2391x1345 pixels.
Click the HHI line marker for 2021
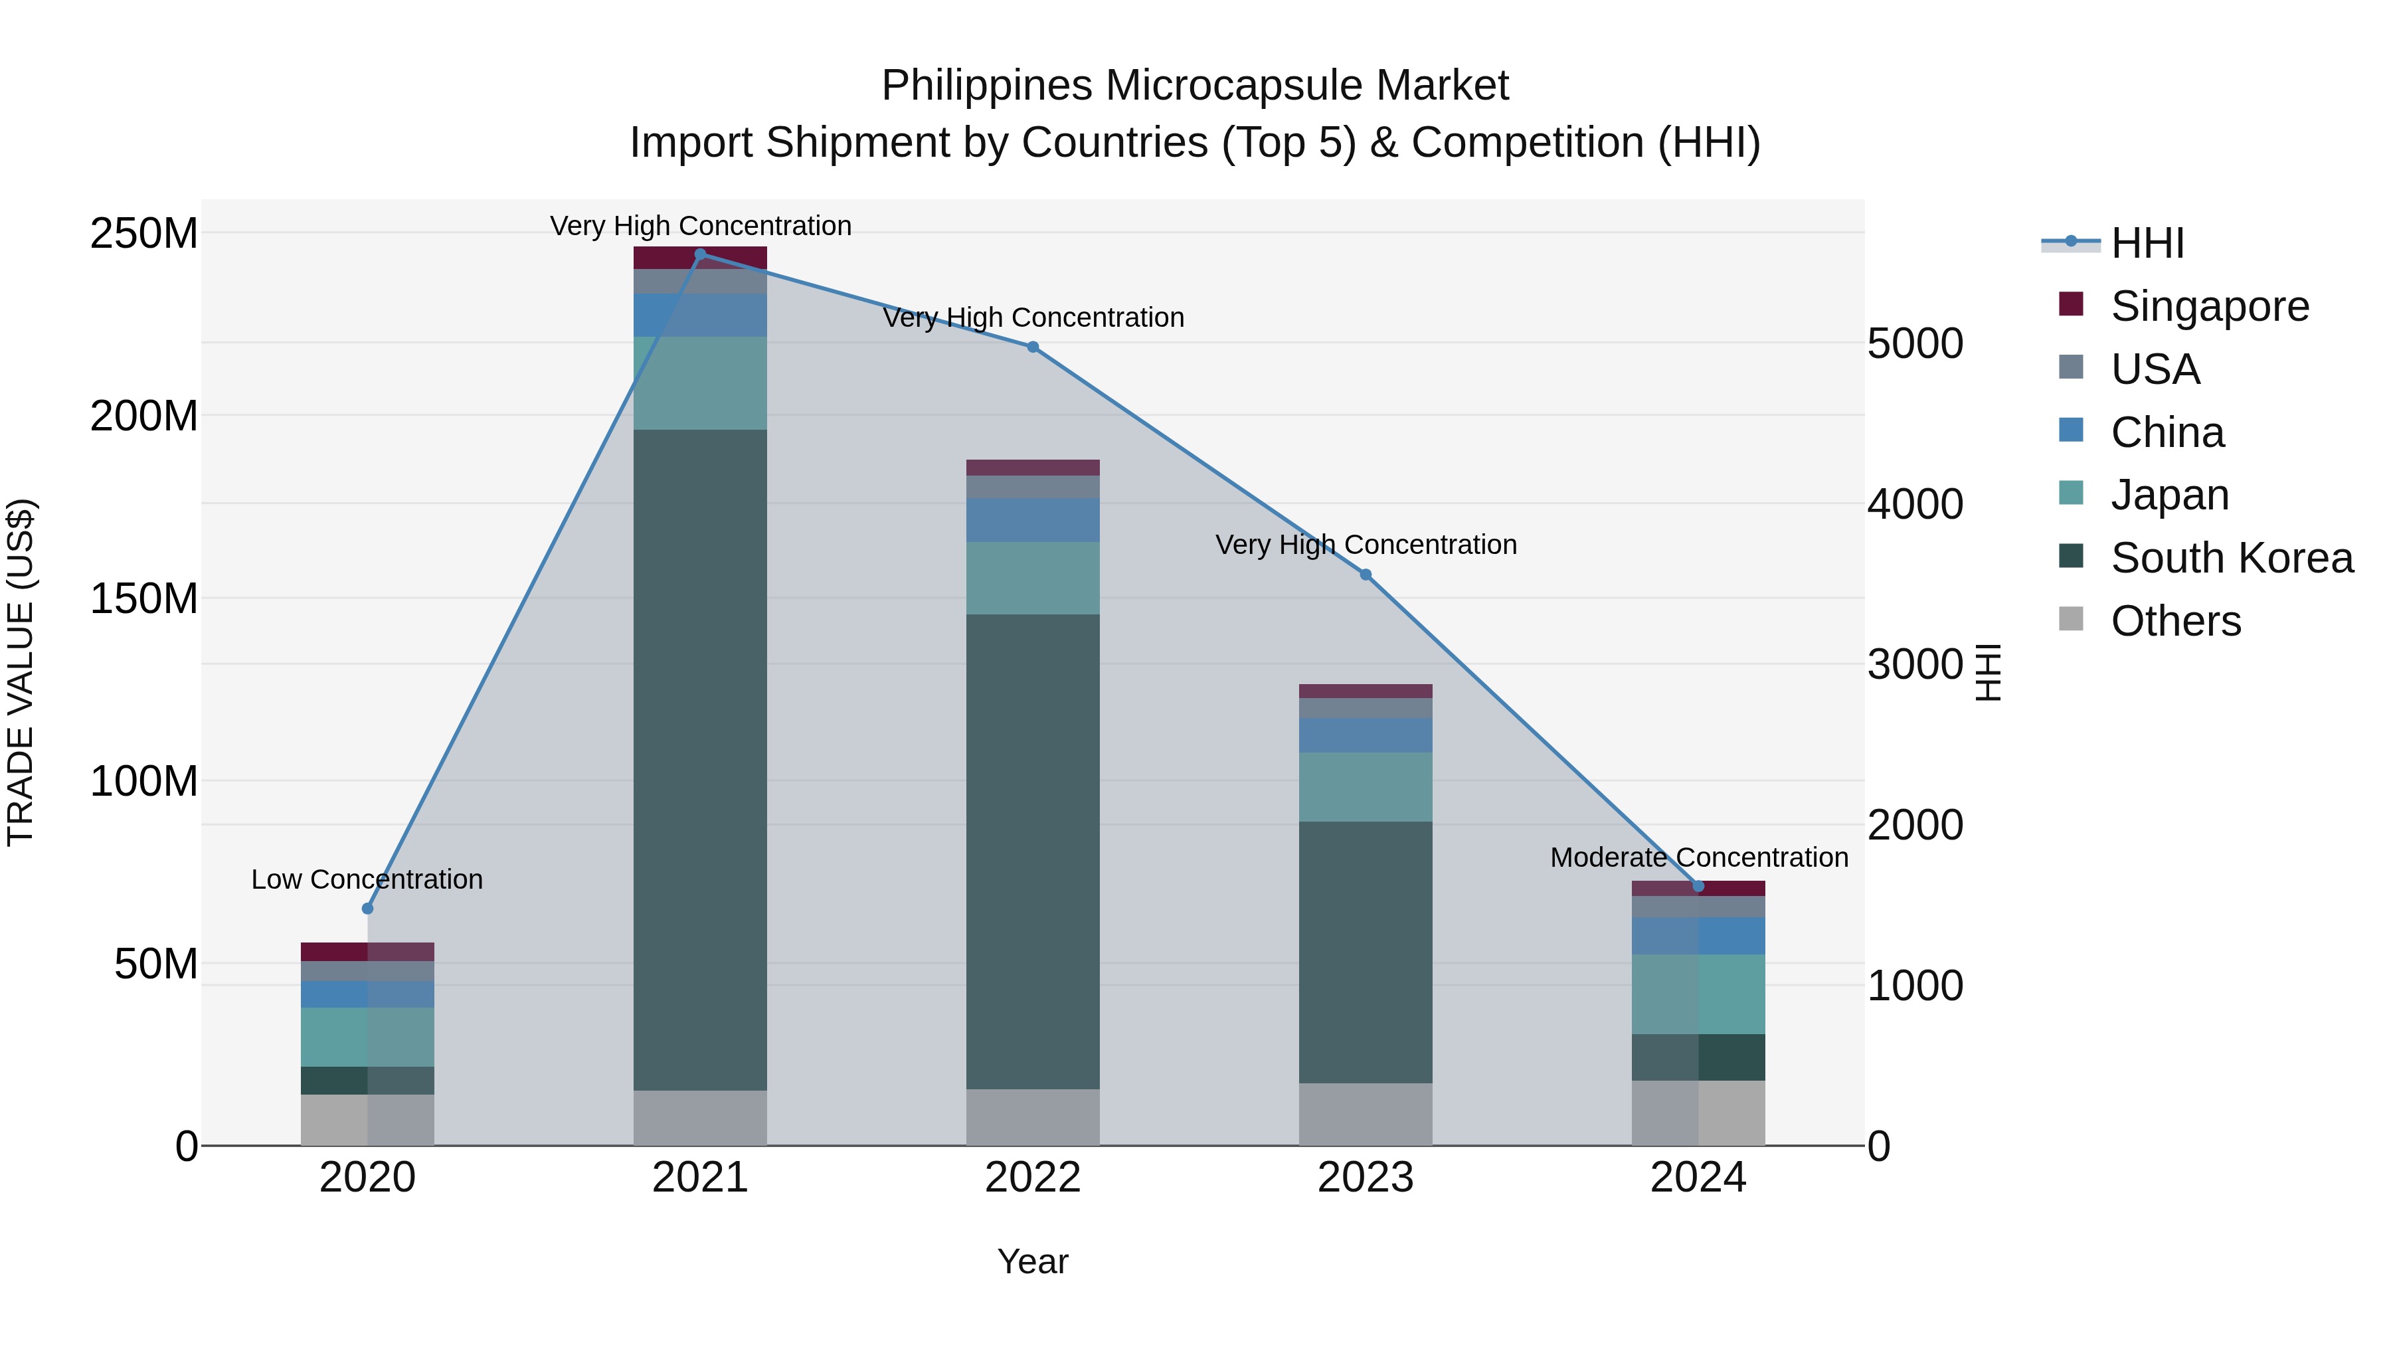700,254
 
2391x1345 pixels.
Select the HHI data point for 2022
1033,347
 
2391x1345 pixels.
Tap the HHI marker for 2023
1366,575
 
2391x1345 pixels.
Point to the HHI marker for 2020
367,908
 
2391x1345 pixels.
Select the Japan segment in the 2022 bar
1033,579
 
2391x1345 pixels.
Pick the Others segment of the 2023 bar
1366,1114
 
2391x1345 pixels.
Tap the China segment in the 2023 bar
1366,734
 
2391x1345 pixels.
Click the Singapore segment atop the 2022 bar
1033,467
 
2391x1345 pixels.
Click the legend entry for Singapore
2209,306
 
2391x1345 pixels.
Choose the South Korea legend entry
2232,558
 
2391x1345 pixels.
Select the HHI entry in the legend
2147,243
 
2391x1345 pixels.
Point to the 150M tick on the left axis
144,598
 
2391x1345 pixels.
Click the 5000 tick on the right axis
1915,343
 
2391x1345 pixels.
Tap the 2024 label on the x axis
1698,1178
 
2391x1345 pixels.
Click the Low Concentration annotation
367,879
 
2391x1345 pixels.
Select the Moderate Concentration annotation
1698,857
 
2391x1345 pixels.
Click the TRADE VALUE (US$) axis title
21,672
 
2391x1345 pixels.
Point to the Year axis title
1032,1261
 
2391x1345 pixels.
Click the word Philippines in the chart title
987,86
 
